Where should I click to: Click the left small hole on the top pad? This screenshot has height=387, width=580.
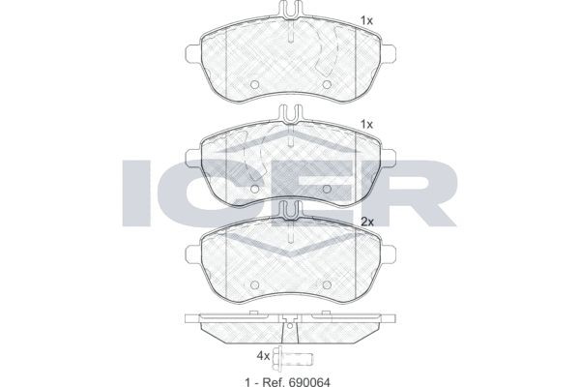point(253,84)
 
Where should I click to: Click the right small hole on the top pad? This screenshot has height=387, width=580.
point(328,84)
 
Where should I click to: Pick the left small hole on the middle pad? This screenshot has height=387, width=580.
point(253,184)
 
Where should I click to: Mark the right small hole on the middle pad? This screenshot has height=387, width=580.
point(328,184)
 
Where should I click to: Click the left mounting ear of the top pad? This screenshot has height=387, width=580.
point(190,51)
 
